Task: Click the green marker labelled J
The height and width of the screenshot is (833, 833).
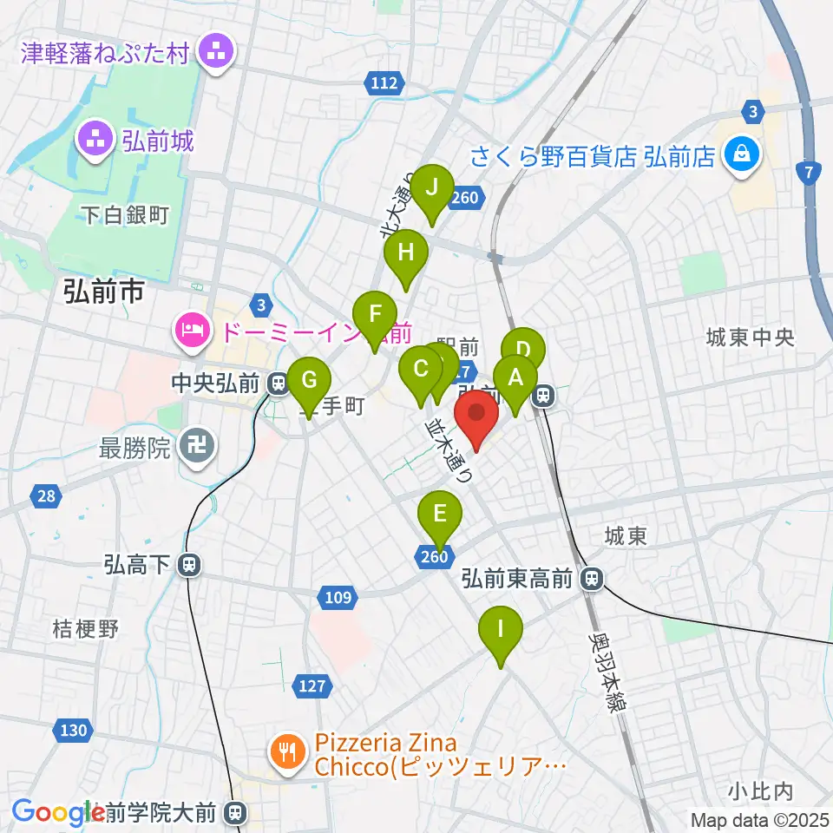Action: tap(431, 187)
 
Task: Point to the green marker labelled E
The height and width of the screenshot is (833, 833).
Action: tap(440, 514)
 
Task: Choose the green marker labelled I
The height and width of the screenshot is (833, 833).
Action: tap(500, 628)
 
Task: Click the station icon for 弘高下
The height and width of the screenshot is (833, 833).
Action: tap(188, 566)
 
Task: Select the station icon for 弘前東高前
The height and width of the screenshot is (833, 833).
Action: tap(593, 577)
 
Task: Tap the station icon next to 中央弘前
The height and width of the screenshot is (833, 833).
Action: tap(279, 382)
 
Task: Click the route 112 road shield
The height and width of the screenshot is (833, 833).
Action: tap(383, 83)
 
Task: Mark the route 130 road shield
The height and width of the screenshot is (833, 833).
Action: tap(74, 730)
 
